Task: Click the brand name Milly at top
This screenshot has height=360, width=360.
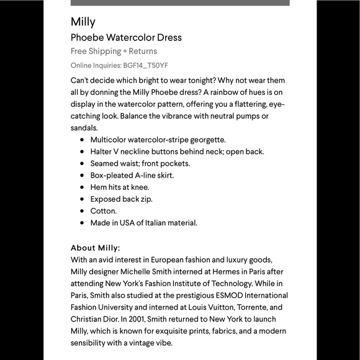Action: (83, 22)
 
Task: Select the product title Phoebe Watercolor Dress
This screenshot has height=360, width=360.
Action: (126, 37)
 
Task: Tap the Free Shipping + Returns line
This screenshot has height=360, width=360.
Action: (114, 51)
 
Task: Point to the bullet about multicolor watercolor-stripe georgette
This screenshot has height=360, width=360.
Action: (158, 140)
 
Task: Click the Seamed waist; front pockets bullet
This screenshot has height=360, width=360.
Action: (140, 163)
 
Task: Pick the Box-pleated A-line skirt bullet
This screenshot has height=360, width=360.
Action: (132, 175)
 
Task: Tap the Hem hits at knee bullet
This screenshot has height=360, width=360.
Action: (120, 187)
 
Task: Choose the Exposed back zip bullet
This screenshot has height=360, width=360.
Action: (121, 199)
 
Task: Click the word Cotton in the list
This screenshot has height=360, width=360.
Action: (103, 211)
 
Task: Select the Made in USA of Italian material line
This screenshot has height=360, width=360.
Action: (143, 223)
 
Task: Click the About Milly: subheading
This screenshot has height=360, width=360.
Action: (95, 248)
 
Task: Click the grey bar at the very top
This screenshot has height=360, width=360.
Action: (180, 2)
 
